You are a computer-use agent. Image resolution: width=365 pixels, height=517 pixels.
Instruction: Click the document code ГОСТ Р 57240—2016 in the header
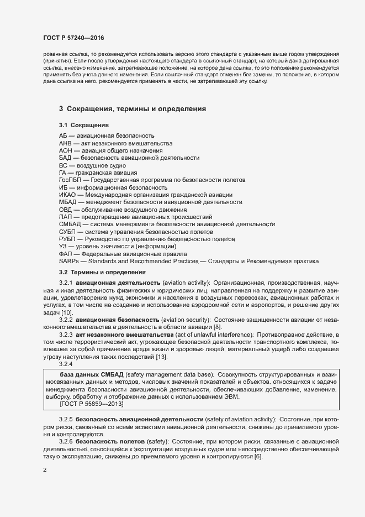[x=73, y=38]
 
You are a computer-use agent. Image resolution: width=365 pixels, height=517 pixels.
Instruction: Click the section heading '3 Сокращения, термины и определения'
[x=133, y=109]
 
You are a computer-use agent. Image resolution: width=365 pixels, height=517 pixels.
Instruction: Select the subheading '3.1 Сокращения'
[x=83, y=126]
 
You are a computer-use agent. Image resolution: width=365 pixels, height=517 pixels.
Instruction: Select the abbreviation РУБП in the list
[x=67, y=239]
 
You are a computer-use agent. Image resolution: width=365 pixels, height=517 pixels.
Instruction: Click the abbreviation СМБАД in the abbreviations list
[x=70, y=224]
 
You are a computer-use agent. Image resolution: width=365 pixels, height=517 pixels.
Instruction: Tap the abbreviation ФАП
[x=66, y=253]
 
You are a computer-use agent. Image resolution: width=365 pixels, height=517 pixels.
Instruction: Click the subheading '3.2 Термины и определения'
[x=102, y=272]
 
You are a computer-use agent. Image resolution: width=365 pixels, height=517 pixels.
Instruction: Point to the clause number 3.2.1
[x=66, y=283]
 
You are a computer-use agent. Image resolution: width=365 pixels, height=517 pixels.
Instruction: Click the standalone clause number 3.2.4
[x=66, y=364]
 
